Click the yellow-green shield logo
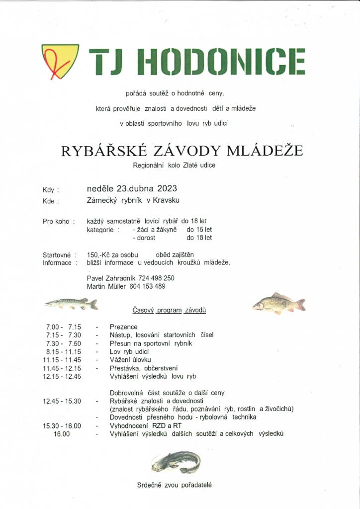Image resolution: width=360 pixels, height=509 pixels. click(x=60, y=61)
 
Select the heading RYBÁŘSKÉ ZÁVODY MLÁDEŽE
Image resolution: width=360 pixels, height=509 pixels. click(x=182, y=151)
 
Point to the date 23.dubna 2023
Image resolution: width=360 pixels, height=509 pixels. click(x=147, y=189)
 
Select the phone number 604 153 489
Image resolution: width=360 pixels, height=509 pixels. click(x=148, y=286)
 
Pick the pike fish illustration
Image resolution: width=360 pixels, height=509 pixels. click(x=71, y=303)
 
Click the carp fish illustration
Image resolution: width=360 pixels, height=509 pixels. click(x=278, y=303)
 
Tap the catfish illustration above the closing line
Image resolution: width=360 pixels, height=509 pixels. click(x=177, y=462)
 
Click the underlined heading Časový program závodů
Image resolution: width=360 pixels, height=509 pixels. click(x=169, y=310)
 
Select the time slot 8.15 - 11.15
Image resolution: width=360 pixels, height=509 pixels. click(x=62, y=351)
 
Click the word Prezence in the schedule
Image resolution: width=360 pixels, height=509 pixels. click(x=123, y=327)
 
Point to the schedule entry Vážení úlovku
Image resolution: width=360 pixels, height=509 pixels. click(x=130, y=360)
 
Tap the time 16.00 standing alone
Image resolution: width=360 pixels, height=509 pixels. click(x=62, y=434)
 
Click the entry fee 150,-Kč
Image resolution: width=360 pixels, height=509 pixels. click(x=97, y=255)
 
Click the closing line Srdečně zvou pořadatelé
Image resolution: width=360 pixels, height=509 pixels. click(x=175, y=485)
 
